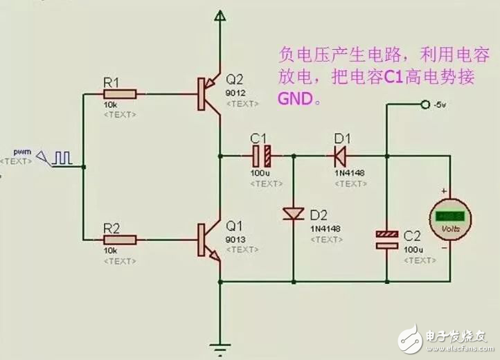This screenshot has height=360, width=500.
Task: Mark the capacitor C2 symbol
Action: pos(387,240)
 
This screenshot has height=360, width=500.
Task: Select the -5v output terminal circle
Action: pos(425,105)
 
